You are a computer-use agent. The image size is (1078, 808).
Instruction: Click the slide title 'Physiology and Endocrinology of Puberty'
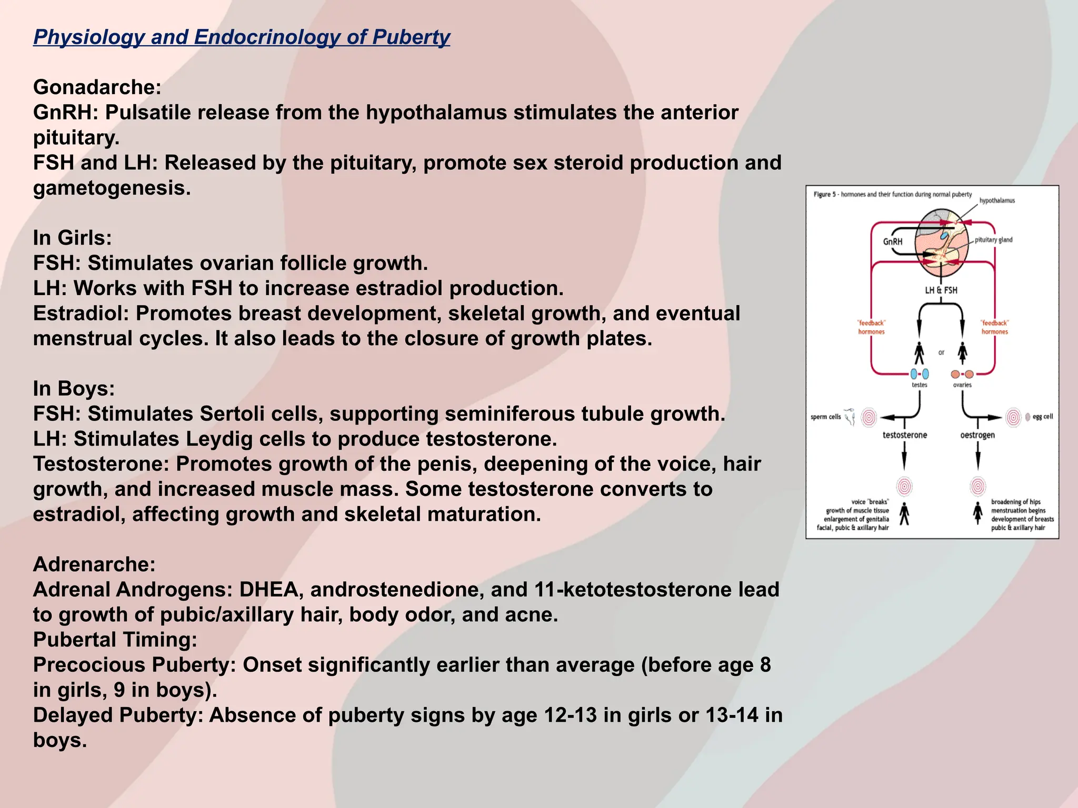tap(242, 37)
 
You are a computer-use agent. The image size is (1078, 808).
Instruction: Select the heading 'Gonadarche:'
tap(97, 87)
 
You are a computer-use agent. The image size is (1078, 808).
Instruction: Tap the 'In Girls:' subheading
tap(73, 238)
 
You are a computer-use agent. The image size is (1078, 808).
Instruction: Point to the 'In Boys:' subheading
tap(74, 389)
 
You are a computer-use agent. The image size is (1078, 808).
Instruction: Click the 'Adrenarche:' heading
tap(94, 564)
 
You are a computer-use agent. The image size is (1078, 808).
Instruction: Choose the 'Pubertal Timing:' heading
tap(115, 640)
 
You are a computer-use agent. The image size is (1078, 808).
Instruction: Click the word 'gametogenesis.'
tap(112, 188)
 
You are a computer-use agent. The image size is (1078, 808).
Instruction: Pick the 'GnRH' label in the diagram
tap(893, 241)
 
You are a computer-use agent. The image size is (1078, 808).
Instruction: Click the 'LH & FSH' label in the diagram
tap(941, 290)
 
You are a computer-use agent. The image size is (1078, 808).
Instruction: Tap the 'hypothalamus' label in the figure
tap(997, 200)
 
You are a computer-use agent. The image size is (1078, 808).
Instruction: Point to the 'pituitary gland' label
tap(993, 240)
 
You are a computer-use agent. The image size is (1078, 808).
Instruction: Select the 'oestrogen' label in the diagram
tap(977, 435)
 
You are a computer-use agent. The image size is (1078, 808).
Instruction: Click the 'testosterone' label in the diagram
tap(905, 435)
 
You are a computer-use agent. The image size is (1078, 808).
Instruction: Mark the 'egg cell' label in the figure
tap(1043, 417)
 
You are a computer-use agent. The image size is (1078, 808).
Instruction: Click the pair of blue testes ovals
tap(920, 374)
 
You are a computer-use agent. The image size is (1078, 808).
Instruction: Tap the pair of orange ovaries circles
tap(962, 375)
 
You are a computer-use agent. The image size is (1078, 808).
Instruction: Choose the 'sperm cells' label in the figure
tap(825, 417)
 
